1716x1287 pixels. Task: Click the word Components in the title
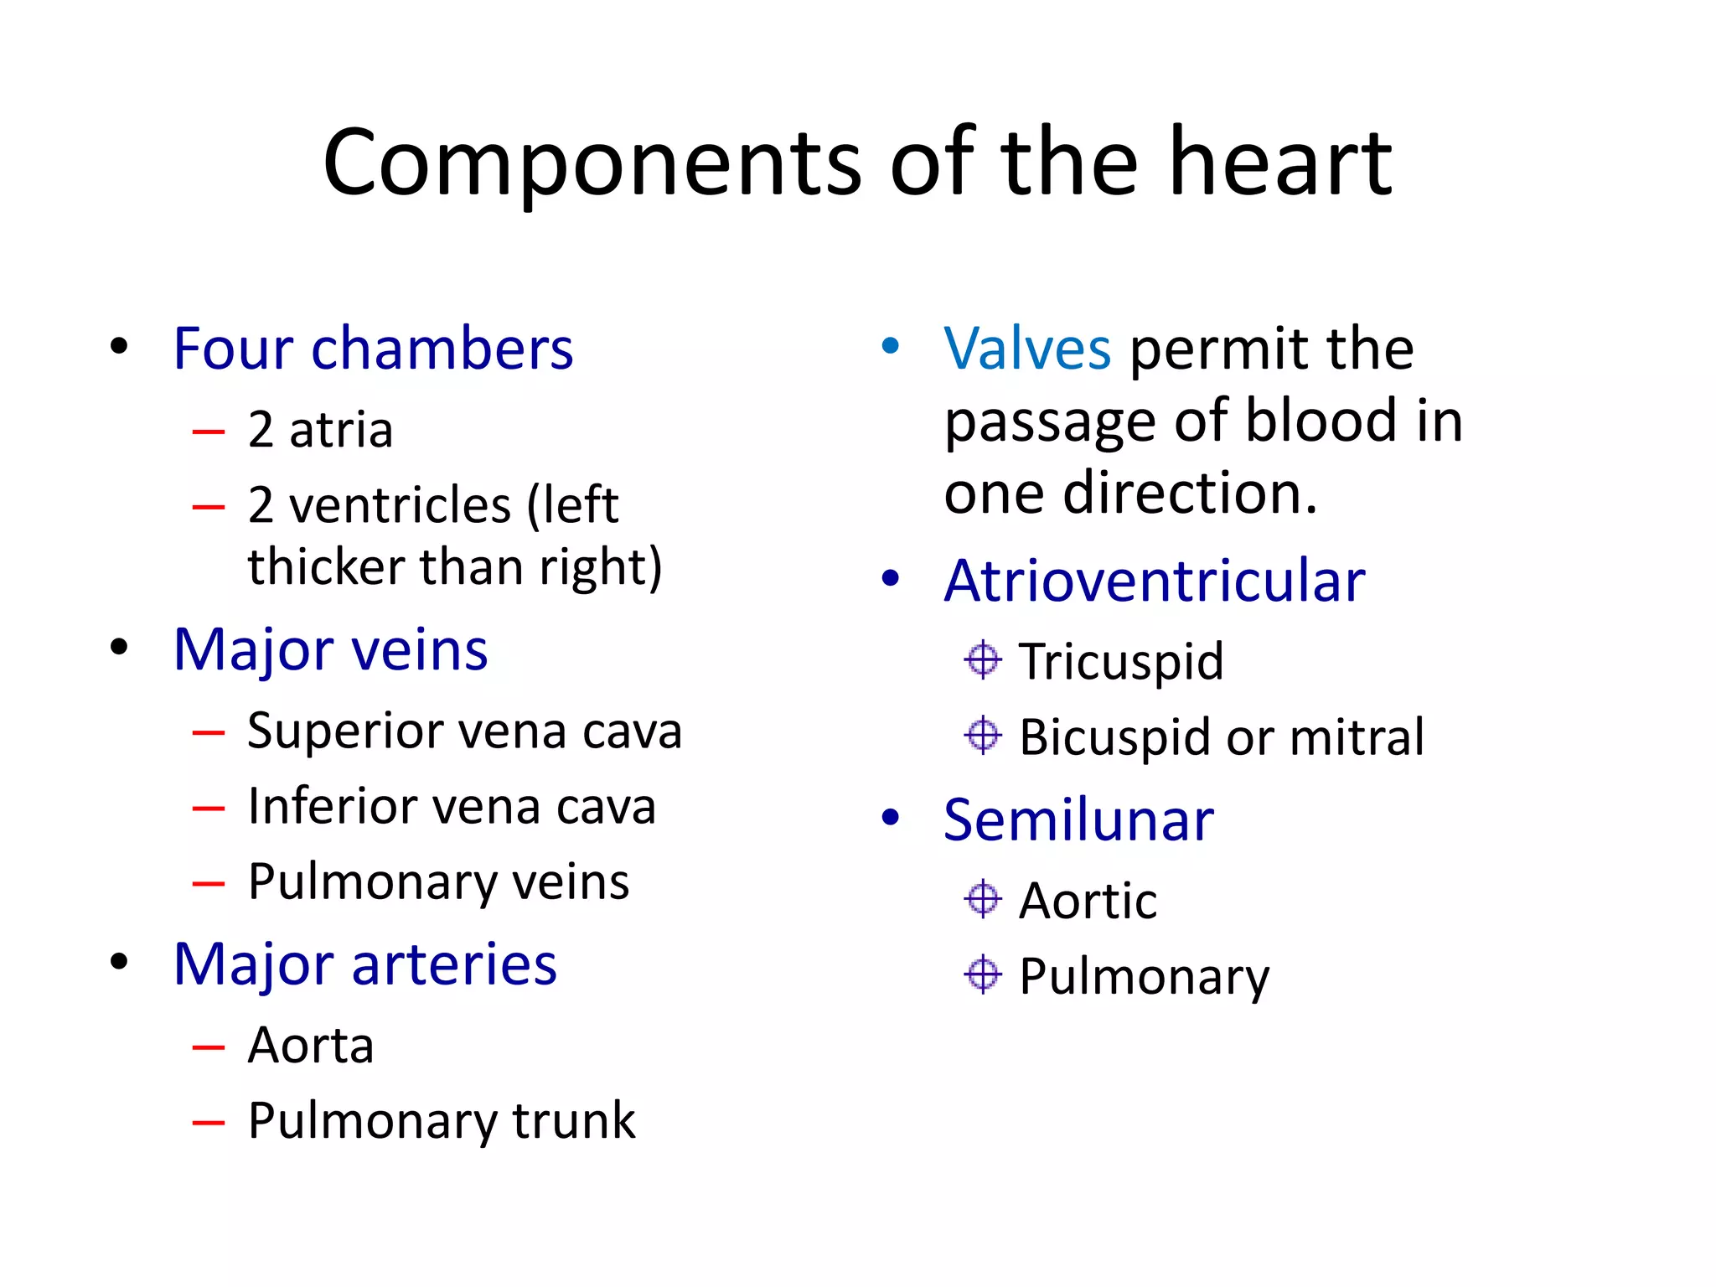(x=592, y=163)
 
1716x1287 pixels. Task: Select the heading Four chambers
(x=373, y=348)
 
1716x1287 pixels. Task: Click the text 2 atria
(x=320, y=430)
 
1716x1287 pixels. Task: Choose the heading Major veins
(x=330, y=649)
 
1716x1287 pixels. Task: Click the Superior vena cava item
(x=464, y=731)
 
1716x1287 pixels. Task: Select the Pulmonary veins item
(x=438, y=881)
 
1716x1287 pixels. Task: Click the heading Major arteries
(x=364, y=964)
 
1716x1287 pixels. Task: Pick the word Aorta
(x=311, y=1045)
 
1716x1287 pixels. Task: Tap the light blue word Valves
(x=1027, y=348)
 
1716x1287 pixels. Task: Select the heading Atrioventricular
(x=1154, y=580)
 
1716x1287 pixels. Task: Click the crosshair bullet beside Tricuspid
(x=982, y=659)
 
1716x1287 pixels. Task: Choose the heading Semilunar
(x=1078, y=819)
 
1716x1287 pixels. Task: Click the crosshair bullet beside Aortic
(x=982, y=899)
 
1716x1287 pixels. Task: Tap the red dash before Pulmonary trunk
(x=209, y=1122)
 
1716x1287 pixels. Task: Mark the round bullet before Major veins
(x=119, y=647)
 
